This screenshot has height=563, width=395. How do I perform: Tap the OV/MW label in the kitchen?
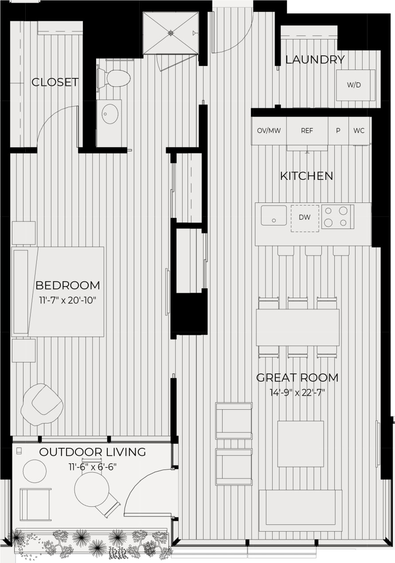pyautogui.click(x=269, y=131)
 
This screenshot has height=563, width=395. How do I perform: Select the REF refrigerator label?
pyautogui.click(x=307, y=131)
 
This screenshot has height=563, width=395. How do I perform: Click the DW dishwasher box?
pyautogui.click(x=305, y=217)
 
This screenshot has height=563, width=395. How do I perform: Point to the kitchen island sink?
pyautogui.click(x=274, y=215)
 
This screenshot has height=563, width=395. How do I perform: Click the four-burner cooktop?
pyautogui.click(x=337, y=217)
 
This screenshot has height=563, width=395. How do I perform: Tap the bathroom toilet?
pyautogui.click(x=116, y=78)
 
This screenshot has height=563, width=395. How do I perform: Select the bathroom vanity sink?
pyautogui.click(x=110, y=114)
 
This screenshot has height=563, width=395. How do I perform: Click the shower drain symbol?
pyautogui.click(x=171, y=32)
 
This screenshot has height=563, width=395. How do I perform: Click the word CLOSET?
pyautogui.click(x=55, y=82)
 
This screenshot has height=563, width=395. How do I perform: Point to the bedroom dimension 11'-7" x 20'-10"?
pyautogui.click(x=67, y=300)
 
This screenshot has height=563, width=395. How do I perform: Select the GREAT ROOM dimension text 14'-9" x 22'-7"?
pyautogui.click(x=297, y=392)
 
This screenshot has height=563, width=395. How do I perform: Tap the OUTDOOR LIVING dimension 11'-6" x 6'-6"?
pyautogui.click(x=92, y=466)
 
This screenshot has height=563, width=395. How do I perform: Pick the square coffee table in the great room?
pyautogui.click(x=301, y=443)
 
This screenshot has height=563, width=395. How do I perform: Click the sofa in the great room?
pyautogui.click(x=300, y=510)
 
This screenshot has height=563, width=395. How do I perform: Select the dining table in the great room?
pyautogui.click(x=297, y=327)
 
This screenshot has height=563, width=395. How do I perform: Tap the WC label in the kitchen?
pyautogui.click(x=359, y=131)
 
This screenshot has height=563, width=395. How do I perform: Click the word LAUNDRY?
pyautogui.click(x=315, y=60)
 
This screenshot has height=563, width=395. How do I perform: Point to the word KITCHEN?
pyautogui.click(x=306, y=176)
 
